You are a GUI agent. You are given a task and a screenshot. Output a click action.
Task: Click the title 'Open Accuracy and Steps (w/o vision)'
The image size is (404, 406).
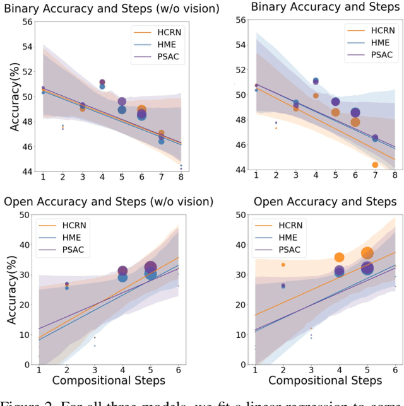coord(109,202)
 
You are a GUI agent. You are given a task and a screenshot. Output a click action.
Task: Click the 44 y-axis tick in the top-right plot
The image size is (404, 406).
coord(241,170)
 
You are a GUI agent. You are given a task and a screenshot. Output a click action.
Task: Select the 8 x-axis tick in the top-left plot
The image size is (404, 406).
coord(181,178)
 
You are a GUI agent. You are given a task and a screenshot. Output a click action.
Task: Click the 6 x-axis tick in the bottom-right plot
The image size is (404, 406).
coord(395,371)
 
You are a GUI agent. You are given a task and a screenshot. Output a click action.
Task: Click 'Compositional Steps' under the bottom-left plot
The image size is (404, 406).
coord(109,381)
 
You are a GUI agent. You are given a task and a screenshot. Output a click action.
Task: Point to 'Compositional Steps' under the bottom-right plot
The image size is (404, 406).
coord(325,381)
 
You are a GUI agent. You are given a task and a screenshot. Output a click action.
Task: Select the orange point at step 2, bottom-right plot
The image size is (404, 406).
coord(283,265)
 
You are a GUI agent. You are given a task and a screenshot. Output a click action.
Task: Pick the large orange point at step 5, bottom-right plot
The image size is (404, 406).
coord(367,253)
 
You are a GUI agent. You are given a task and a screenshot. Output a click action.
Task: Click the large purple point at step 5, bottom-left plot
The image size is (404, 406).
coord(150,267)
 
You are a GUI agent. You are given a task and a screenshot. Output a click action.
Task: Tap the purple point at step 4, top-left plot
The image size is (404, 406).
coord(102,82)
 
